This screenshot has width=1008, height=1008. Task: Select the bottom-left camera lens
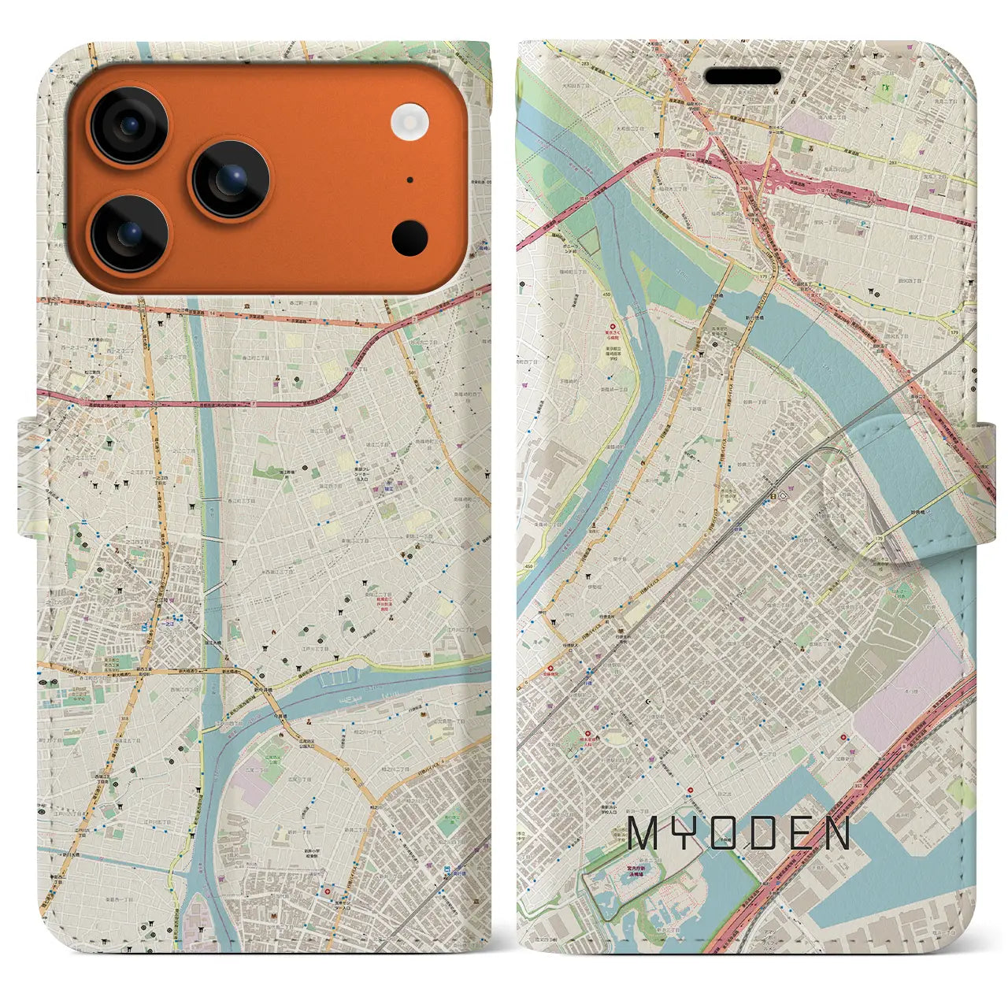(129, 233)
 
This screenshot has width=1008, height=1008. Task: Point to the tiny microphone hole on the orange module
(410, 180)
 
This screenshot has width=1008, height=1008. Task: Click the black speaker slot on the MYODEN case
(743, 77)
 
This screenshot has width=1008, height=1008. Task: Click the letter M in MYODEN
(644, 833)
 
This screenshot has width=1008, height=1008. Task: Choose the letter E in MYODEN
(795, 833)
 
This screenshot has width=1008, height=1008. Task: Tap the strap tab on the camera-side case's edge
(28, 476)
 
